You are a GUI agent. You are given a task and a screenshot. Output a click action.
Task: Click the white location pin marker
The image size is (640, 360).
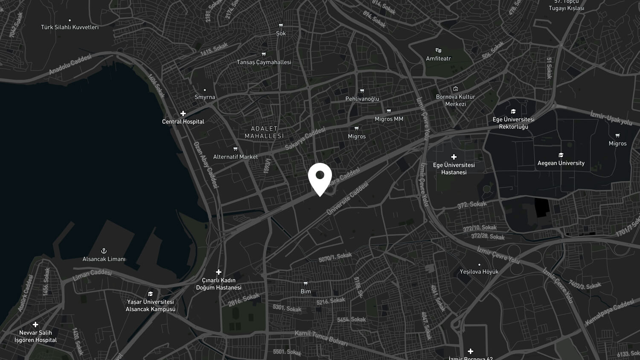[x=320, y=177]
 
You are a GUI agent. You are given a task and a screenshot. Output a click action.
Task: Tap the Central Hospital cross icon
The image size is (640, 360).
[x=183, y=113]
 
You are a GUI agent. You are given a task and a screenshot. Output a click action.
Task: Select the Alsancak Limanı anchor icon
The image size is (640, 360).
[x=104, y=251]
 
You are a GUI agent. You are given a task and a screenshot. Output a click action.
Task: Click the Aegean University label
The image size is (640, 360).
[x=561, y=163]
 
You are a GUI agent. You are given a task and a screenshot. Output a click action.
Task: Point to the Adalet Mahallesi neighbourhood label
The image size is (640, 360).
[x=264, y=132]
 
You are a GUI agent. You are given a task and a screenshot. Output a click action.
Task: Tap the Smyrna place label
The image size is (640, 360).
[x=205, y=97]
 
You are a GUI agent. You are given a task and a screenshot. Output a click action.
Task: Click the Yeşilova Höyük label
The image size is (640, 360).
[x=479, y=271]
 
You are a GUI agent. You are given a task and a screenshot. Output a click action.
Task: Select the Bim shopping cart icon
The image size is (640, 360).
[x=305, y=283]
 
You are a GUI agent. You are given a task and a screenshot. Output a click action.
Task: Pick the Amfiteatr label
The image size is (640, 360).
[x=438, y=58]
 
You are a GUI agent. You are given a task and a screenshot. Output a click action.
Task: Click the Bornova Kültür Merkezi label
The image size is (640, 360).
[x=455, y=100]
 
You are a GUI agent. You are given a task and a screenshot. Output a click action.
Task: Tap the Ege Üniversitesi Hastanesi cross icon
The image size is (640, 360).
[x=454, y=157]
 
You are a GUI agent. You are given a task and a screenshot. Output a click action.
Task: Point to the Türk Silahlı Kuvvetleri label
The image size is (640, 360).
[x=70, y=27]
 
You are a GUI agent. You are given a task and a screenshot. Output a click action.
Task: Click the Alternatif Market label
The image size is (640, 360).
[x=236, y=157]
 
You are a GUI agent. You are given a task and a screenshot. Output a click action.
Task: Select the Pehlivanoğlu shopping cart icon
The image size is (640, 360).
[x=362, y=90]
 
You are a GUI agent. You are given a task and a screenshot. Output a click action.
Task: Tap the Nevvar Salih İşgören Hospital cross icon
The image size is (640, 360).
[x=35, y=325]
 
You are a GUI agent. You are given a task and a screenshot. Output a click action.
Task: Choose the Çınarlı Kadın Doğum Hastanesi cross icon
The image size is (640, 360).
[x=218, y=272]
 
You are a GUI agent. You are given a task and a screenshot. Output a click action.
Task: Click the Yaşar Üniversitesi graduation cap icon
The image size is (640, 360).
[x=150, y=294]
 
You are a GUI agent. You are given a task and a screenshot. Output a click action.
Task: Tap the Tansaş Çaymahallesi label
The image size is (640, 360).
[x=264, y=62]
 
